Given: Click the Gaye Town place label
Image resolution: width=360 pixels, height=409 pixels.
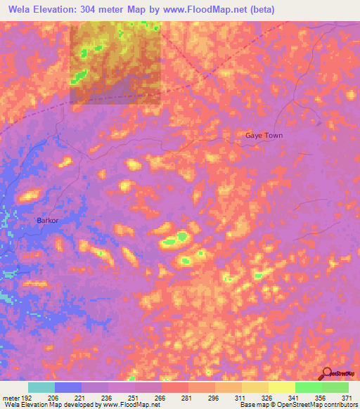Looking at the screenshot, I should [264, 135].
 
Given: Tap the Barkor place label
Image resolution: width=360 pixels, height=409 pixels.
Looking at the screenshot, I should [47, 220].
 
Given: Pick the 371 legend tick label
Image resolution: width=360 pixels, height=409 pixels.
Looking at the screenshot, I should [347, 397].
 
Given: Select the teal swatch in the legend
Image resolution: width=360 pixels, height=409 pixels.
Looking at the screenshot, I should [41, 387].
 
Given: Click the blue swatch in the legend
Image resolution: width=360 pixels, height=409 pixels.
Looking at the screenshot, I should [68, 387].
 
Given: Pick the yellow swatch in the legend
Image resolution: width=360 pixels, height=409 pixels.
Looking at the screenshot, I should [281, 387].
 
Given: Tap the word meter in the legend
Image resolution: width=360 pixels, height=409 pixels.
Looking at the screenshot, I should [11, 397].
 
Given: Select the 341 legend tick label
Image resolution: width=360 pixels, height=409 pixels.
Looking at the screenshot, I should [295, 397].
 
